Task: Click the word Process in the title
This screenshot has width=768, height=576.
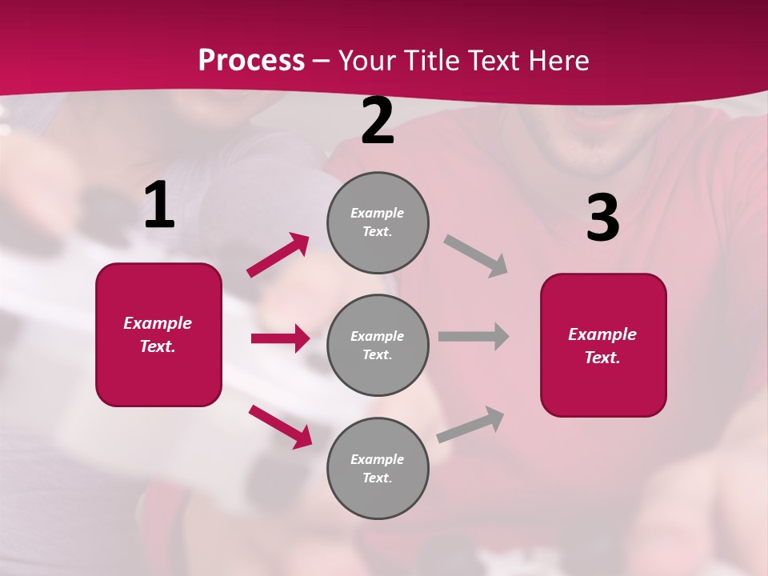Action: point(251,60)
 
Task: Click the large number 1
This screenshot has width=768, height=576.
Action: point(159,206)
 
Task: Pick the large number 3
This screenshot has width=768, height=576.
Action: point(602,218)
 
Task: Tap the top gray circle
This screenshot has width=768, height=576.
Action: point(378,222)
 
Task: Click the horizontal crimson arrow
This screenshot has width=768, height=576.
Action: point(280,338)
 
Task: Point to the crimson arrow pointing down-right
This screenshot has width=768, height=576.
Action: point(280,426)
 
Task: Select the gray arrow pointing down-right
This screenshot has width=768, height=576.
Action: point(476,256)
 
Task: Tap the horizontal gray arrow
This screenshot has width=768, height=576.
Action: point(474,337)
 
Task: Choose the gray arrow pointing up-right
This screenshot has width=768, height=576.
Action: point(470,424)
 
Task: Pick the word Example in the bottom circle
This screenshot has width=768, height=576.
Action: point(377,459)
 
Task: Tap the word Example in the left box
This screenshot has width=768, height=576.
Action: point(158,323)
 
